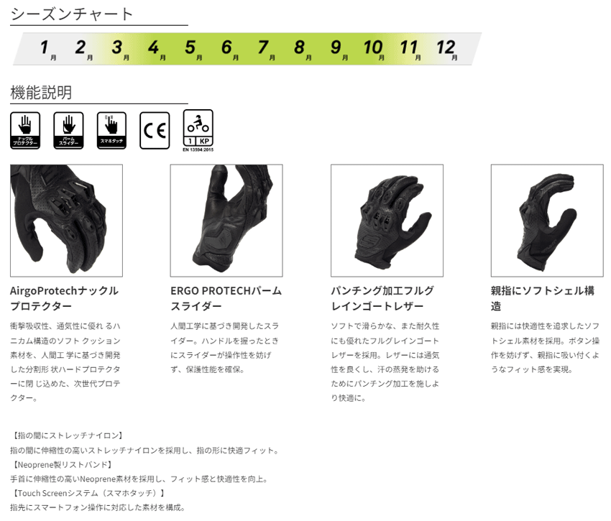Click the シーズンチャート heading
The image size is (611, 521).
pos(72,14)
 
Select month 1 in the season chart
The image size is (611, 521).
pos(45,48)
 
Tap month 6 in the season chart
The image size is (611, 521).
pos(227,48)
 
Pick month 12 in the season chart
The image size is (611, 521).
pos(446,48)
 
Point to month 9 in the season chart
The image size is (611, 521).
pos(336,48)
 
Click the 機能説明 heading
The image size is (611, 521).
pos(41,92)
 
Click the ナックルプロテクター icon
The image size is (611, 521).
pos(25,130)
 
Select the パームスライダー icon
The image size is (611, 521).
pos(68,130)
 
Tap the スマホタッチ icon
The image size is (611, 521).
pos(111,130)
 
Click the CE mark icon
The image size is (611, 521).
pos(155,130)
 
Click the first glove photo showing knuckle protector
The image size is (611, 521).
pos(66,221)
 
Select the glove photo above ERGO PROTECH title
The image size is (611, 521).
pos(226,221)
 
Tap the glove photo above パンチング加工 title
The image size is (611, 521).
pos(387,221)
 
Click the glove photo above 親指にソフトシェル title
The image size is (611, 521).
pos(547,221)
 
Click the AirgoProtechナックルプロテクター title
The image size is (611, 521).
pos(64,298)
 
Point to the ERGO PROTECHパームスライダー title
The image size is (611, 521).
pos(226,298)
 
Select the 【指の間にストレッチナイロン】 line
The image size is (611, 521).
pos(68,435)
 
